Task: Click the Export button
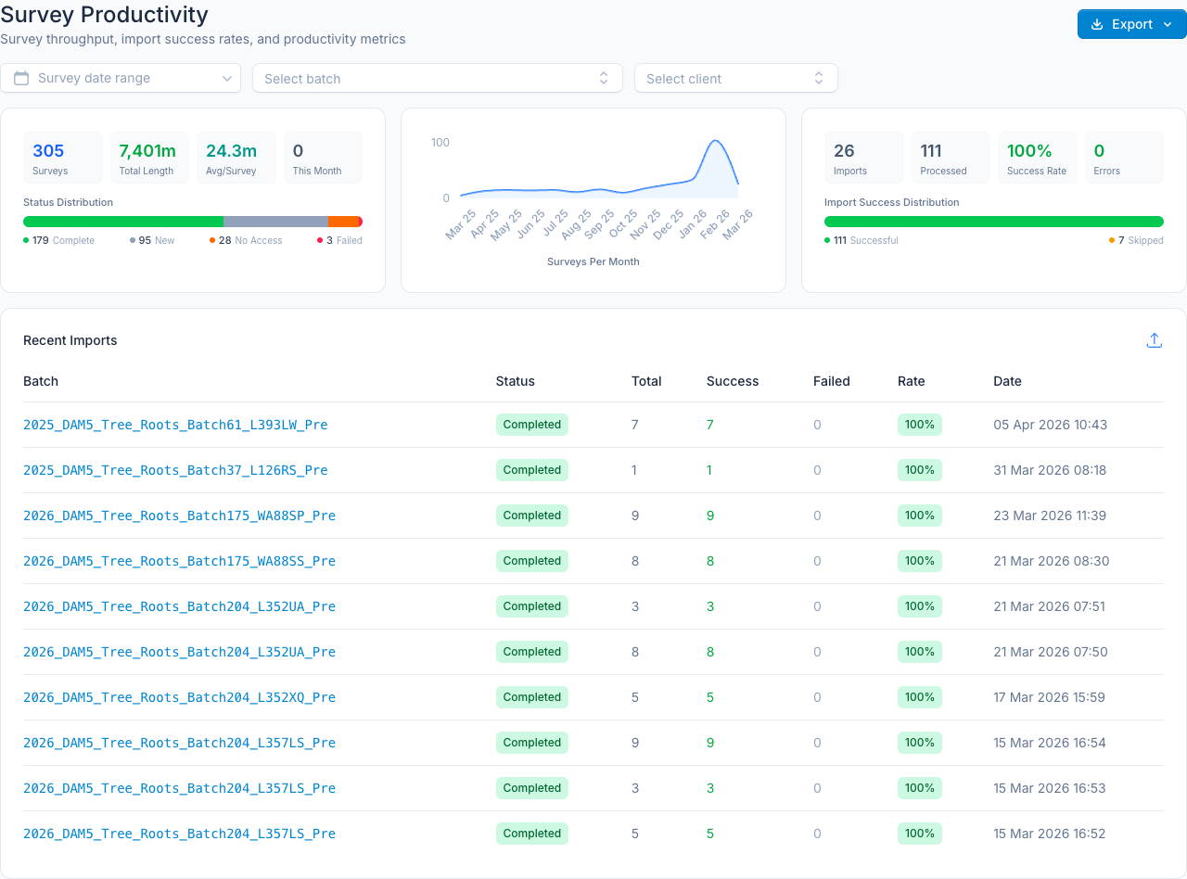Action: click(1131, 24)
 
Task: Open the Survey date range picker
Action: click(121, 78)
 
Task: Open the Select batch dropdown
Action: click(437, 78)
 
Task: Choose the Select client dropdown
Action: click(736, 78)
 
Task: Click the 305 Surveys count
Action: click(48, 151)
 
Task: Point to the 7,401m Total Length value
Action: click(147, 151)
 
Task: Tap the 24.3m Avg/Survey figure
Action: click(231, 151)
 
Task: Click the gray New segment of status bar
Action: click(275, 222)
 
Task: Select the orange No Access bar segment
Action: click(343, 222)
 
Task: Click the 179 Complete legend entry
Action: click(58, 240)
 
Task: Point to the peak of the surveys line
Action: click(715, 140)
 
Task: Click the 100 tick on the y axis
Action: click(440, 143)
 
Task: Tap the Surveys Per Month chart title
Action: click(593, 261)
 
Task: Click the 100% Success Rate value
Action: click(1029, 151)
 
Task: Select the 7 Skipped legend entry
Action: click(1136, 240)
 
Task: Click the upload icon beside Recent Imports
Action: click(1155, 340)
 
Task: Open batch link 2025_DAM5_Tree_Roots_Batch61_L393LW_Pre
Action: click(175, 425)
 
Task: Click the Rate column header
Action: click(911, 381)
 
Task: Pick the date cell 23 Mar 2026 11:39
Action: click(1050, 516)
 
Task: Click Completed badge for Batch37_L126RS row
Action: click(532, 470)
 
